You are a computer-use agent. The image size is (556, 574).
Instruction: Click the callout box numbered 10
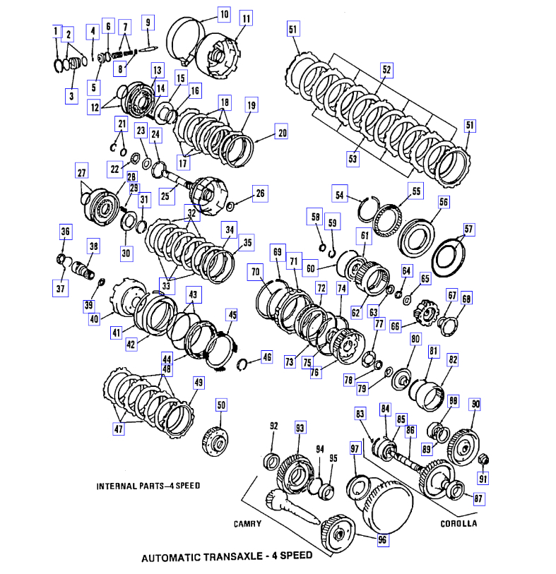[223, 13]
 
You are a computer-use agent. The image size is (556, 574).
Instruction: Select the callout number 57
[470, 229]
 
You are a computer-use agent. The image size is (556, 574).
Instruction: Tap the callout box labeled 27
[81, 172]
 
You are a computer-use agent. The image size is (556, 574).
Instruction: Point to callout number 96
[383, 540]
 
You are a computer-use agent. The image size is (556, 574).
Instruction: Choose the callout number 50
[221, 405]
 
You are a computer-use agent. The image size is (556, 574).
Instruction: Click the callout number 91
[483, 480]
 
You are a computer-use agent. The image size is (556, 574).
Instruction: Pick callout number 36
[66, 232]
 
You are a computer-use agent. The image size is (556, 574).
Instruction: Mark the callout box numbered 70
[254, 271]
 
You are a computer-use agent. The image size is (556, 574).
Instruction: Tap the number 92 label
[274, 426]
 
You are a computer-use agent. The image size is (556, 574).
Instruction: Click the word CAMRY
[248, 524]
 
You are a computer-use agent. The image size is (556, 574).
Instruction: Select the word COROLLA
[459, 523]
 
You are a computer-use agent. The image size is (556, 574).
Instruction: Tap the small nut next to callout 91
[483, 461]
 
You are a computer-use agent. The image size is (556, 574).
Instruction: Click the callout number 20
[281, 131]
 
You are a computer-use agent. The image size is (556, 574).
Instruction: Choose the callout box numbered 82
[453, 359]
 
